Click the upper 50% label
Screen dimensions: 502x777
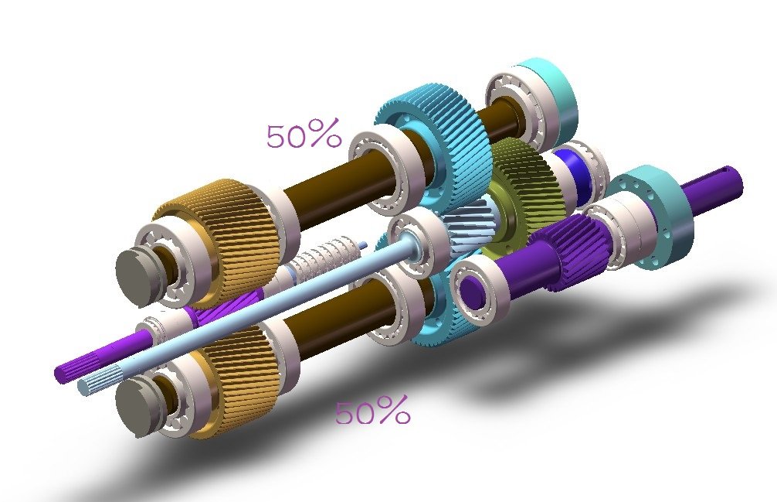[x=303, y=136]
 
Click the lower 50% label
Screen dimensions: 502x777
[x=372, y=413]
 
